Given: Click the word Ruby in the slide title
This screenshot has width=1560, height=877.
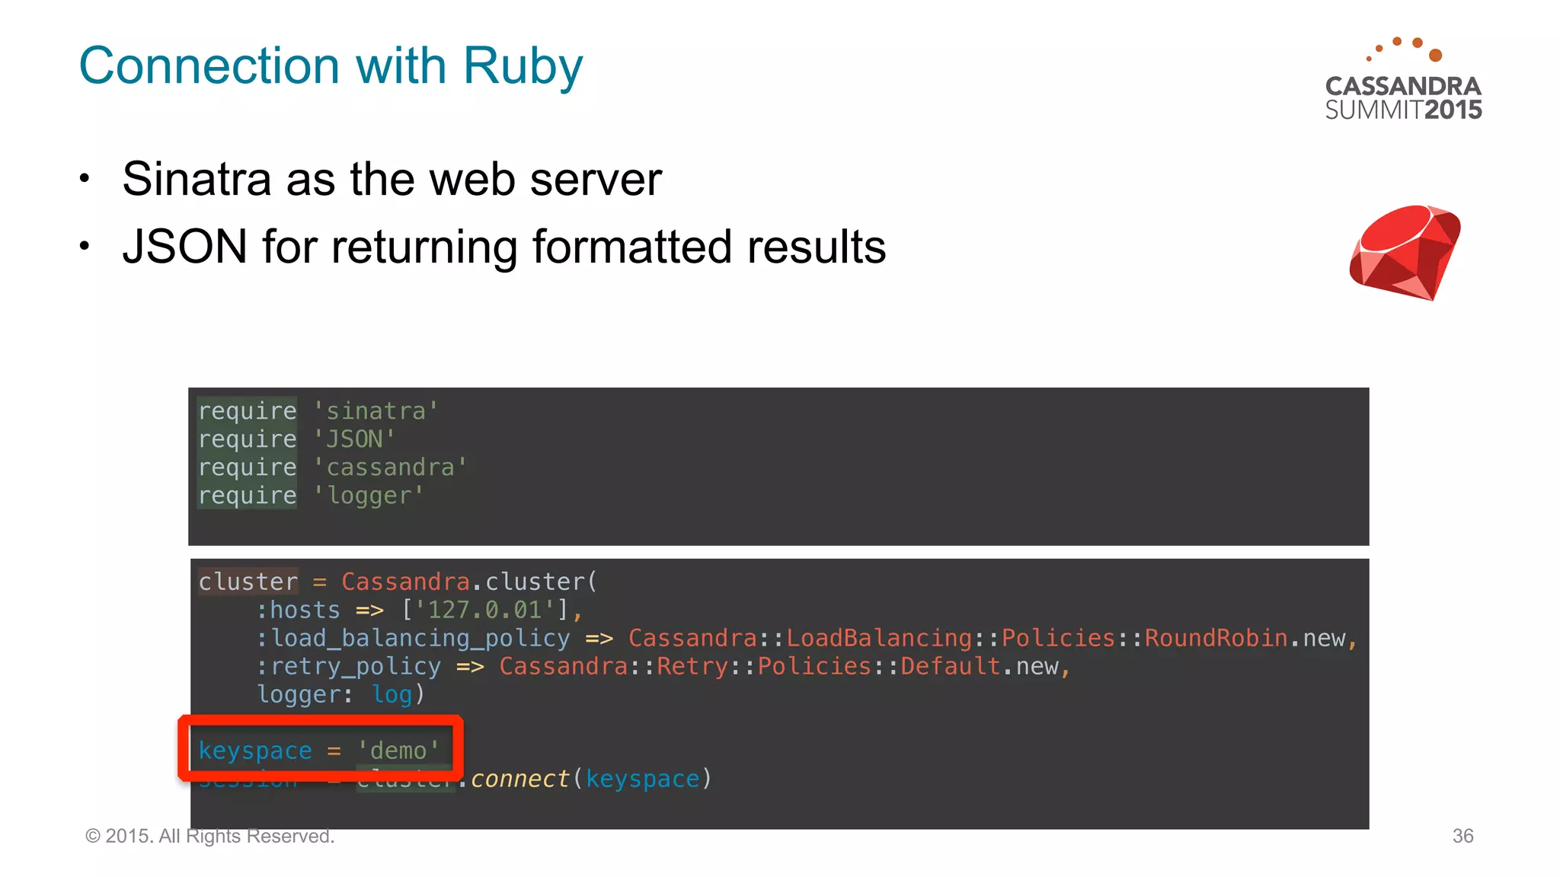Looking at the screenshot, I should (x=523, y=67).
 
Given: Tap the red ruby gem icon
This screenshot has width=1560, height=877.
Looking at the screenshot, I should (x=1405, y=252).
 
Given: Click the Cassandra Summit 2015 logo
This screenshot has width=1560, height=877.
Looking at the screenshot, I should (x=1403, y=80).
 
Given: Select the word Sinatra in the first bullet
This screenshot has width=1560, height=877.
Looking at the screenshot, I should (x=197, y=180).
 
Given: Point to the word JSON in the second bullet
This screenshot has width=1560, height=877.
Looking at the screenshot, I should (x=185, y=247).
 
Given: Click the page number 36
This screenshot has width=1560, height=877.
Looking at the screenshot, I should (x=1462, y=836).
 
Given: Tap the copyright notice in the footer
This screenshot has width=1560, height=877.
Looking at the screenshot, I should (x=210, y=836).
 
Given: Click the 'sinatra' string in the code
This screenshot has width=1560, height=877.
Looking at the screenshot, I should (x=376, y=411).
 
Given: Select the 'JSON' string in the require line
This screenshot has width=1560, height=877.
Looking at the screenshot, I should (x=354, y=439).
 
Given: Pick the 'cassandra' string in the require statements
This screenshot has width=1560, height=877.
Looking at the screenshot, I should (x=390, y=467).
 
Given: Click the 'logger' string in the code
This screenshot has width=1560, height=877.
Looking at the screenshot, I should (x=369, y=496).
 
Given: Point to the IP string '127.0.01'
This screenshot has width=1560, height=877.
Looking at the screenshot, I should (x=484, y=610).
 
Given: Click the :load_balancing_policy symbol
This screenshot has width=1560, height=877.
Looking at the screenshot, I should (x=414, y=638).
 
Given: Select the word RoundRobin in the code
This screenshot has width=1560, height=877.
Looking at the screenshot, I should (x=1216, y=638).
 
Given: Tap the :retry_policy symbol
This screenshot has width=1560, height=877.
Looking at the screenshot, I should (x=349, y=666).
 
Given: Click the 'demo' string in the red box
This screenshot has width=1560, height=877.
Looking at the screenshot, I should (x=398, y=751).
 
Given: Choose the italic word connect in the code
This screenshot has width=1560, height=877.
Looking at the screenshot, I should (x=519, y=779).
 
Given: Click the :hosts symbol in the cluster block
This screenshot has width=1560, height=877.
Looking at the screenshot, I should (x=299, y=610).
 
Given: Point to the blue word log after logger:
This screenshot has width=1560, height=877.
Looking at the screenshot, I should (x=392, y=694).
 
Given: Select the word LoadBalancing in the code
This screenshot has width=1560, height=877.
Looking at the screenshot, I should (x=879, y=638).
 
